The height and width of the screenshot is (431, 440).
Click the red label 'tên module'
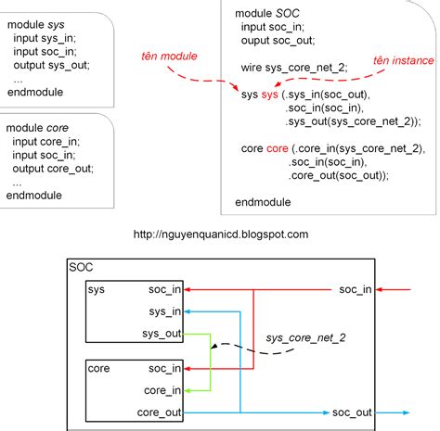pyautogui.click(x=168, y=57)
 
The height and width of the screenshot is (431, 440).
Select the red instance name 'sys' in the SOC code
pyautogui.click(x=269, y=95)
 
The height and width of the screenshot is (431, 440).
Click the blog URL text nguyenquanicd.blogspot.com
pyautogui.click(x=221, y=235)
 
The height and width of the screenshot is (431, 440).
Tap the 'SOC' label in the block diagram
pyautogui.click(x=82, y=267)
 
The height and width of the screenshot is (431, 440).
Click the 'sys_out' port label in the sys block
pyautogui.click(x=162, y=333)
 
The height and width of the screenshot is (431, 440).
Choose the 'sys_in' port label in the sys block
pyautogui.click(x=165, y=311)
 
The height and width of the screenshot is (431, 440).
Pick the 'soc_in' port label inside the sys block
pyautogui.click(x=165, y=290)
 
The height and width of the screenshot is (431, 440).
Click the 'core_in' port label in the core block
pyautogui.click(x=163, y=390)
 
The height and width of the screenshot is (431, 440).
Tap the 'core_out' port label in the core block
pyautogui.click(x=160, y=412)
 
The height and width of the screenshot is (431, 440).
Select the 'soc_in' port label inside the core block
pyautogui.click(x=165, y=369)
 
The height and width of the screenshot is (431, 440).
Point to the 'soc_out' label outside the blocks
pyautogui.click(x=352, y=412)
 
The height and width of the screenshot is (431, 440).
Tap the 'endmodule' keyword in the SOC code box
pyautogui.click(x=263, y=202)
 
